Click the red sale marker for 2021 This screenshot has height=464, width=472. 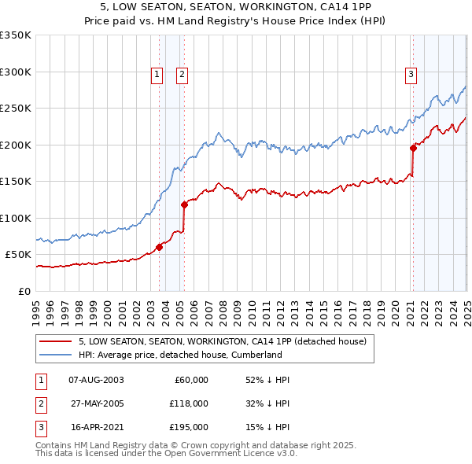pos(413,147)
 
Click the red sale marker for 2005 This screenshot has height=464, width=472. pos(185,204)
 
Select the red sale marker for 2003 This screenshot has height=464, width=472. pos(159,247)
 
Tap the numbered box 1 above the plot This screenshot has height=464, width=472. pos(157,75)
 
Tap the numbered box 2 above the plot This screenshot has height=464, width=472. pos(182,75)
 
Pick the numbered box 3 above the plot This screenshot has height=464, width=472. pos(411,75)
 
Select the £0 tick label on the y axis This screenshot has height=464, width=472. pos(24,291)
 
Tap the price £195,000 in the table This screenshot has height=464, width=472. pos(189,428)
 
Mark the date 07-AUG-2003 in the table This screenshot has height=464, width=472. pos(97,380)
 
